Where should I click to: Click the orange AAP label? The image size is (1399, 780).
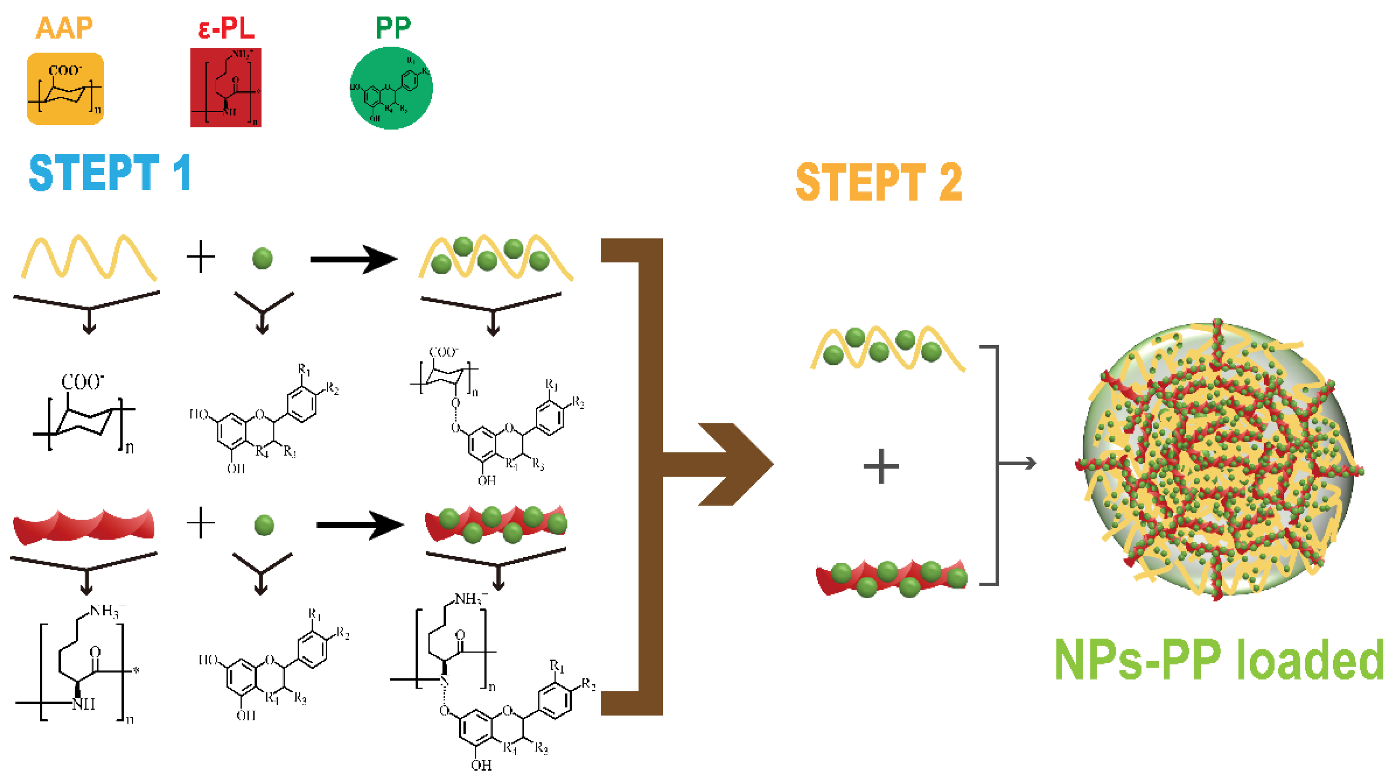pos(64,28)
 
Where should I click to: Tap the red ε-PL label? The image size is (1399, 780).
pos(226,28)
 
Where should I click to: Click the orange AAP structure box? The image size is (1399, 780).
pos(65,89)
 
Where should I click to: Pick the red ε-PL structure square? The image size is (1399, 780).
pos(226,87)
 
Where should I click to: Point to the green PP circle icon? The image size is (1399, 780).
pos(391,88)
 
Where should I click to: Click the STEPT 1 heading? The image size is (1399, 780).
pos(110,173)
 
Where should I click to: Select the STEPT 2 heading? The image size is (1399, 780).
pos(878,182)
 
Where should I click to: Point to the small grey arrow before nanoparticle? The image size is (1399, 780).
pos(1018,464)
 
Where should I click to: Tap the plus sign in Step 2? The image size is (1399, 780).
pos(881,466)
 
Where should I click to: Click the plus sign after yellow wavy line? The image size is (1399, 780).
pos(200,256)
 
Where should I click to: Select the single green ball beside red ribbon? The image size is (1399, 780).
pos(264,525)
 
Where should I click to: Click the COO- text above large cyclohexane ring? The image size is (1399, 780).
pos(82,381)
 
